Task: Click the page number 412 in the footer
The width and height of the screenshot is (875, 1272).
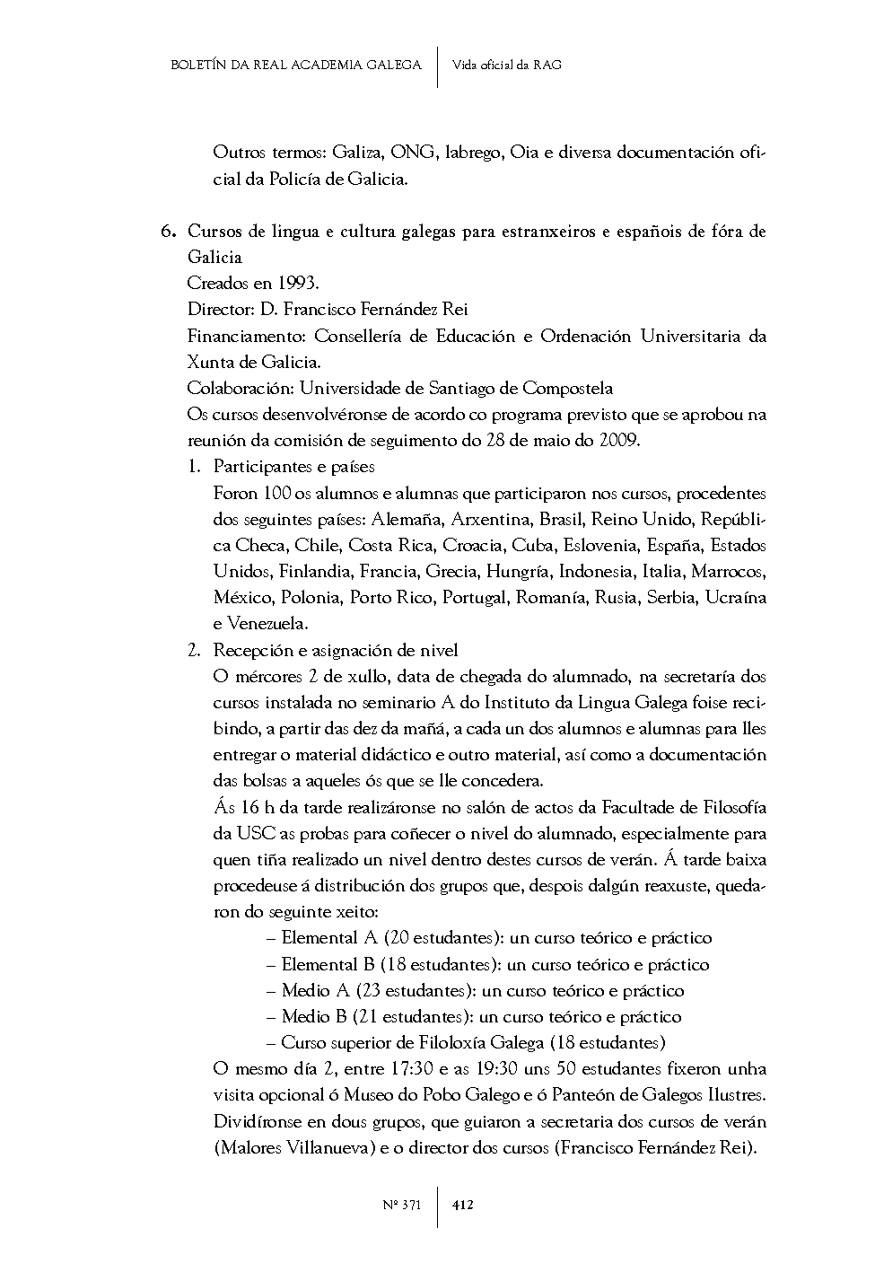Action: point(463,1205)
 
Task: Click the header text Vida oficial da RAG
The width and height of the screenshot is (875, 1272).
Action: point(507,65)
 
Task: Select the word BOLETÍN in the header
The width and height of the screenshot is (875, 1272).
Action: point(198,65)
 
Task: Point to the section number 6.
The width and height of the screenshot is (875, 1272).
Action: point(168,232)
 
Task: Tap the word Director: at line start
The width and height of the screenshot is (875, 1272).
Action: point(221,310)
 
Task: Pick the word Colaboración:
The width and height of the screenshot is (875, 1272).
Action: point(241,389)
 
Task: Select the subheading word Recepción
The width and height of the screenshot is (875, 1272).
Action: point(250,650)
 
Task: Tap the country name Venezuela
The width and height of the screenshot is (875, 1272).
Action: point(268,624)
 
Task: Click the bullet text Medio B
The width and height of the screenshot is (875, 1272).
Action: point(314,1017)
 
